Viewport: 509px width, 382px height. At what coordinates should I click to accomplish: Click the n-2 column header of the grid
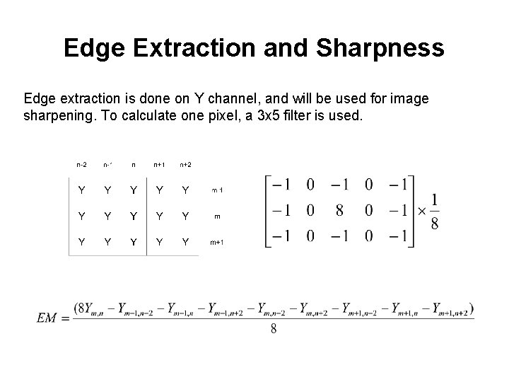pyautogui.click(x=82, y=165)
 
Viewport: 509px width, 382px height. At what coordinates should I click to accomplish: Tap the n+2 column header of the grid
pyautogui.click(x=186, y=165)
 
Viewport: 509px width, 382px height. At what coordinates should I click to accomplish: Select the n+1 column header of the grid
pyautogui.click(x=160, y=165)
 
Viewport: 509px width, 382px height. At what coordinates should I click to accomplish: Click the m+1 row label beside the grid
pyautogui.click(x=218, y=242)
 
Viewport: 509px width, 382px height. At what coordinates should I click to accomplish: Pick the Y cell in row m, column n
pyautogui.click(x=134, y=216)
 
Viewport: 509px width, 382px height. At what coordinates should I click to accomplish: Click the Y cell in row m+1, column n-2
pyautogui.click(x=82, y=242)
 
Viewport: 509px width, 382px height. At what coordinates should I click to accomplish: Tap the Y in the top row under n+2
pyautogui.click(x=186, y=190)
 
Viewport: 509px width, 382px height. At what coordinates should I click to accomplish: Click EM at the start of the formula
pyautogui.click(x=46, y=319)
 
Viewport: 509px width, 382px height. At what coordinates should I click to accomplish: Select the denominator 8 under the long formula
pyautogui.click(x=273, y=330)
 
